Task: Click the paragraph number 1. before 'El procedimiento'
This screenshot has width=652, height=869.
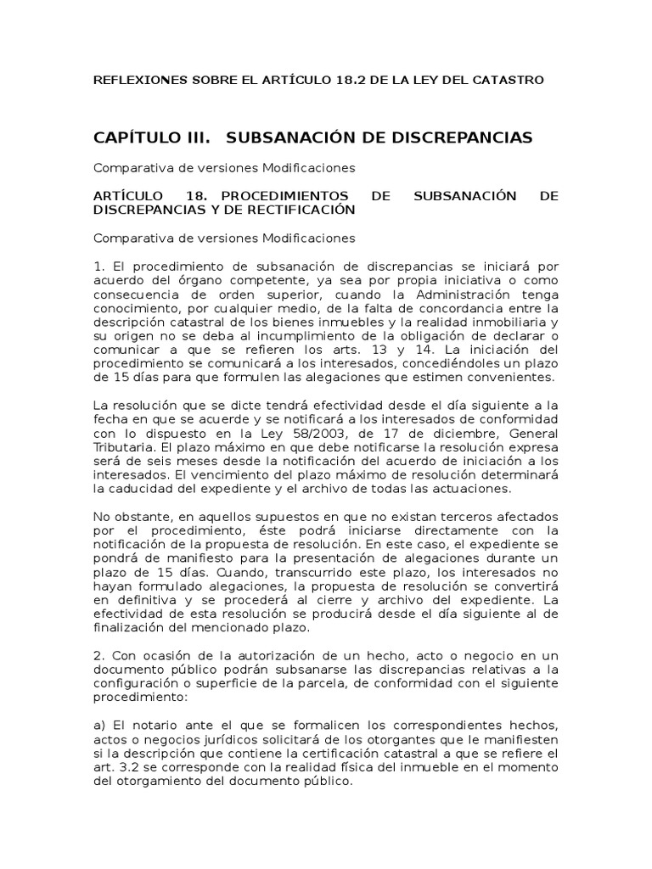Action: click(99, 267)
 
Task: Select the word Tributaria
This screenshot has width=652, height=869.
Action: click(124, 446)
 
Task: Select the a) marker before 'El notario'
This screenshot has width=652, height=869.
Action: click(100, 725)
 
